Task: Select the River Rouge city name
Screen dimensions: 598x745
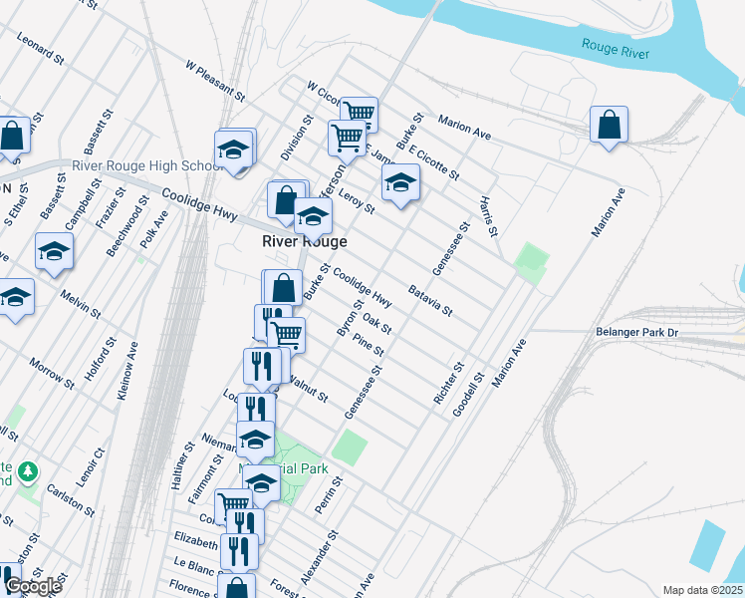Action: pos(305,242)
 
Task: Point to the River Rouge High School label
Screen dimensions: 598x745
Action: pos(146,165)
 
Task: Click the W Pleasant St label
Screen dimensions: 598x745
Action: pos(215,80)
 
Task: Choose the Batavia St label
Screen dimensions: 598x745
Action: pos(430,301)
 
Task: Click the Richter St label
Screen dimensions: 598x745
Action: pos(448,383)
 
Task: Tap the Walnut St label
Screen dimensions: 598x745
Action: pos(307,387)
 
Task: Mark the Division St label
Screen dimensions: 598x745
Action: pos(297,139)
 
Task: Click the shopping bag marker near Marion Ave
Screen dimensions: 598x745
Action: pos(609,126)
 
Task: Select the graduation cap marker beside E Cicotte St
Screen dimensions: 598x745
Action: pos(400,183)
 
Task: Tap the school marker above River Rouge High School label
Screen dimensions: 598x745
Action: pos(234,149)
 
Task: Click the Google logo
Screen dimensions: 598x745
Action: pos(33,586)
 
